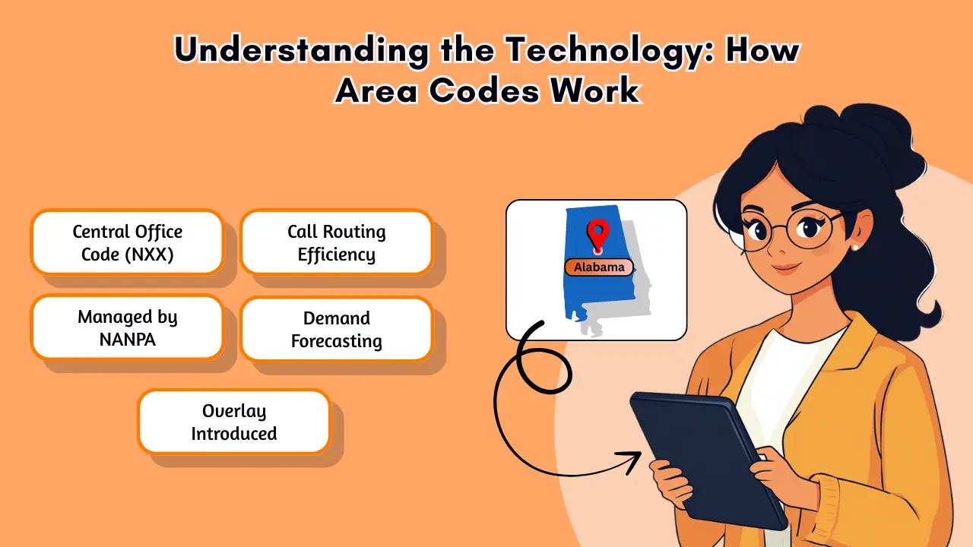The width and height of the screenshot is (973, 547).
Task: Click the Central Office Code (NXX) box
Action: [127, 242]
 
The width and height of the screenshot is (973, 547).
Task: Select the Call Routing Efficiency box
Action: [337, 242]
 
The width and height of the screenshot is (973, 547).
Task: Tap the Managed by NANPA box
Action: [127, 327]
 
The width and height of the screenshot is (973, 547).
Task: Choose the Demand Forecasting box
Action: [337, 329]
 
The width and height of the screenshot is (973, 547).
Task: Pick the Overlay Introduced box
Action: [234, 422]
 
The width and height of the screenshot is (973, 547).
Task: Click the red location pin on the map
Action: [597, 236]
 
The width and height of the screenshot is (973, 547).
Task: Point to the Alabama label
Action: [599, 267]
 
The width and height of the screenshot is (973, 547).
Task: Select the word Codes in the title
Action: [484, 90]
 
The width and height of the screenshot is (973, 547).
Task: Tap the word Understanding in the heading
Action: [301, 51]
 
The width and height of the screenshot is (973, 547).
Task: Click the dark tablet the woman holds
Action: [708, 460]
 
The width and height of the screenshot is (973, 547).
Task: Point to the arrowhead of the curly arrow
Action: [631, 461]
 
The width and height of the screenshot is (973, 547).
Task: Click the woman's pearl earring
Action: [855, 247]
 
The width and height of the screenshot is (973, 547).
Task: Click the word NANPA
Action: [127, 340]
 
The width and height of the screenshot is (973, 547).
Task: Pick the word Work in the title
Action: [595, 90]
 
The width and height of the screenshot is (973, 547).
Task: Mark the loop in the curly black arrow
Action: [543, 370]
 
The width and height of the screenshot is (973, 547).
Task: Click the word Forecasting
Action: [337, 342]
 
